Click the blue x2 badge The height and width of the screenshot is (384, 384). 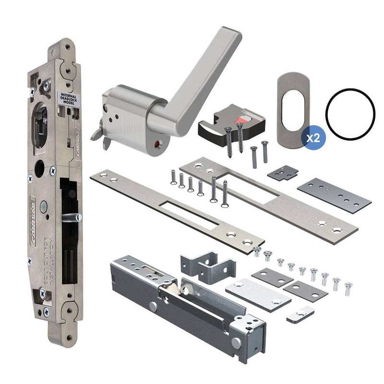pos(313,138)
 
